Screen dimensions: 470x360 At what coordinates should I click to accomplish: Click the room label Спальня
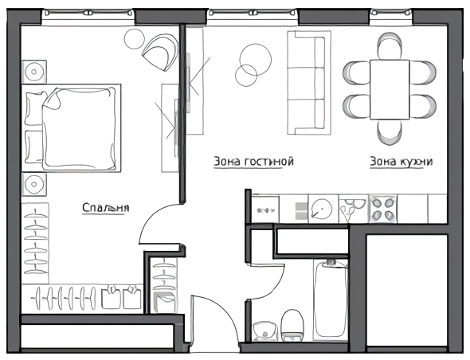tap(105, 208)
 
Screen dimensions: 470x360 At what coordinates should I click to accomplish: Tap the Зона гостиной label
tap(253, 161)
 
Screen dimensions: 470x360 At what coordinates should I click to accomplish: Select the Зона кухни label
tap(401, 161)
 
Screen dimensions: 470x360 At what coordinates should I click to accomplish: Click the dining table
tap(390, 90)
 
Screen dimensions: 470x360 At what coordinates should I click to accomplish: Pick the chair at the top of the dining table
tap(390, 45)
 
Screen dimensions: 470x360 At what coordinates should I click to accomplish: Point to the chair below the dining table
tap(390, 133)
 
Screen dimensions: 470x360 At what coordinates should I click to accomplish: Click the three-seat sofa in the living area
tap(309, 82)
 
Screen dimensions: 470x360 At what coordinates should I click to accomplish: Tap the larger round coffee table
tap(256, 60)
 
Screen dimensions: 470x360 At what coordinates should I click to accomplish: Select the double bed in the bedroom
tap(72, 128)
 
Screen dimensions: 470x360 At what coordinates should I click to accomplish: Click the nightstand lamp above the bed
tap(34, 72)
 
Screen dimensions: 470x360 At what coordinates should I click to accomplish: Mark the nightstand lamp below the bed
tap(34, 184)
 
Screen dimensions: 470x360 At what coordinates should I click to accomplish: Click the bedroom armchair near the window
tap(160, 52)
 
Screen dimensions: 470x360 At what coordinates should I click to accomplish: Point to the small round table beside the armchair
tap(135, 39)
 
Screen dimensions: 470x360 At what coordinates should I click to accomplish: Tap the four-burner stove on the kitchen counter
tap(383, 209)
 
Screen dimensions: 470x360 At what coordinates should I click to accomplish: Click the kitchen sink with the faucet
tap(353, 209)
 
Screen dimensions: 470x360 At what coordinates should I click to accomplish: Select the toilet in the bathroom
tap(292, 326)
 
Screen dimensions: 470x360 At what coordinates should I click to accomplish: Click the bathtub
tap(331, 300)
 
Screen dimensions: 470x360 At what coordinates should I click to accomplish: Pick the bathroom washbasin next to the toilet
tap(265, 331)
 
